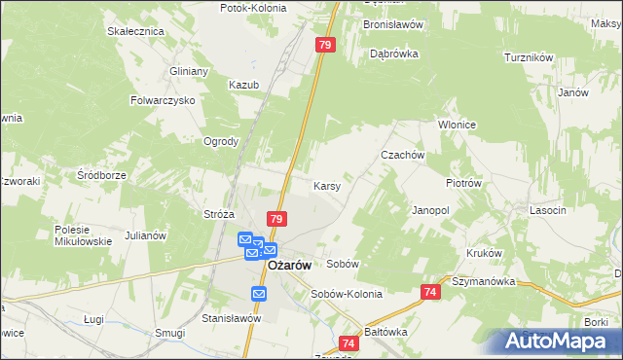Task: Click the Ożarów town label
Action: click(289, 265)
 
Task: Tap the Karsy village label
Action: click(326, 185)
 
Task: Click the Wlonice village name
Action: click(455, 125)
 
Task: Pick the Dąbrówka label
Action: click(394, 54)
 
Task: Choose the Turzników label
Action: click(529, 57)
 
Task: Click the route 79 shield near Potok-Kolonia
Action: click(326, 45)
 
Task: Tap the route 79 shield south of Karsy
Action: click(277, 221)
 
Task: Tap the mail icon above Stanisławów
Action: click(259, 294)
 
